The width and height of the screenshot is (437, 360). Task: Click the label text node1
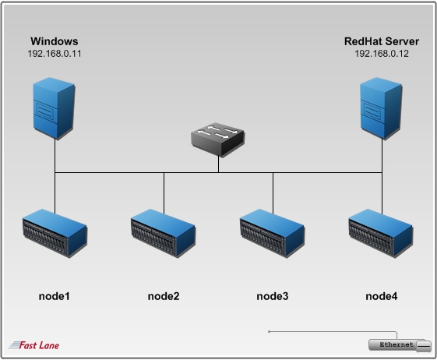55,296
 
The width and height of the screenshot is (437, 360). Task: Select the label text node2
164,296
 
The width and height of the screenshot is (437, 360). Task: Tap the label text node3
273,296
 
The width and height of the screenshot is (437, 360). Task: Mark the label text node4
381,296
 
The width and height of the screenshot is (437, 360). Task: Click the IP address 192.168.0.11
55,54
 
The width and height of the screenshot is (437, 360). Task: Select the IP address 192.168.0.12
381,54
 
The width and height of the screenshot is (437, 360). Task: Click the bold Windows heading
55,41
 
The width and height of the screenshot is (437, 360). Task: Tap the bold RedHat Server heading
381,41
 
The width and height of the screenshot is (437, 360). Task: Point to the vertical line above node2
164,190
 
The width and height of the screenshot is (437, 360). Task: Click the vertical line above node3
273,190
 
